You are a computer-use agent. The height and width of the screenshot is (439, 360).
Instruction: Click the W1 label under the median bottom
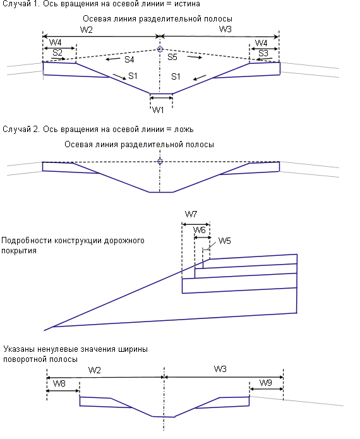(x=158, y=110)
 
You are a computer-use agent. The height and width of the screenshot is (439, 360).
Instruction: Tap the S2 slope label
(x=57, y=52)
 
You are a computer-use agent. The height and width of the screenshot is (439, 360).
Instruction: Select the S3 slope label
(x=263, y=53)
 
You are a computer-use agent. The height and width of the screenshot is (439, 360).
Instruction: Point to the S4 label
(x=129, y=59)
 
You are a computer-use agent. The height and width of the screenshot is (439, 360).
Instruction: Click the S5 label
(x=172, y=57)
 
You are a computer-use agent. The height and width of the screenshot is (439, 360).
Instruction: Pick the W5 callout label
(x=224, y=241)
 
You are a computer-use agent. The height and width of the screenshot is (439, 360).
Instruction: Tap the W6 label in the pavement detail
(x=200, y=230)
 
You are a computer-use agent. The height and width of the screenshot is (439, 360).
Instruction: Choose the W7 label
(x=191, y=215)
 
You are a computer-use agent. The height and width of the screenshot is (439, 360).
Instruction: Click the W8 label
(x=59, y=383)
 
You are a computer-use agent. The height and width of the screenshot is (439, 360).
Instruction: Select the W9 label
(x=266, y=383)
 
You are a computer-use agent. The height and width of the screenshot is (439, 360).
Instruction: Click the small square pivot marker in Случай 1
(x=160, y=49)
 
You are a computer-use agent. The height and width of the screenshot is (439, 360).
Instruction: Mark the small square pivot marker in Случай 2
(x=160, y=161)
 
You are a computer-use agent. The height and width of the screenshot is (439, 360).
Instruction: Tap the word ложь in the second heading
(x=184, y=129)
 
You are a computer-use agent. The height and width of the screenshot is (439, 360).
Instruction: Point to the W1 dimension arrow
(x=161, y=98)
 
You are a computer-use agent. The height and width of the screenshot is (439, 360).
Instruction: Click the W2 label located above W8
(x=94, y=370)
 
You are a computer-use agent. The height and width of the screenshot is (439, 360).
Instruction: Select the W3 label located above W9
(x=220, y=369)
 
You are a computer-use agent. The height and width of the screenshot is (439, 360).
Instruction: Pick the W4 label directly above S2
(x=55, y=42)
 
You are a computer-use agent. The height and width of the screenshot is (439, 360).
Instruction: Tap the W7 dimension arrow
(x=196, y=224)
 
